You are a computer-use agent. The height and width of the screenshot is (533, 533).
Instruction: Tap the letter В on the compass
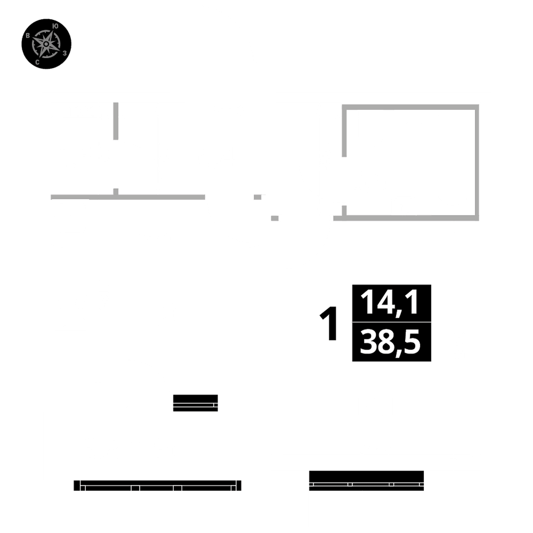tap(28, 35)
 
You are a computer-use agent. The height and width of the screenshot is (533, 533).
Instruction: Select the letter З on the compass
tap(64, 53)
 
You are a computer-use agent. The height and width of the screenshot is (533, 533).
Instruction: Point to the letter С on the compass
tap(37, 62)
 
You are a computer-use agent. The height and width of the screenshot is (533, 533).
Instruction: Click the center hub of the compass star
tap(46, 44)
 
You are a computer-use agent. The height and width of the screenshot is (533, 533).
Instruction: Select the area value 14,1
tap(389, 303)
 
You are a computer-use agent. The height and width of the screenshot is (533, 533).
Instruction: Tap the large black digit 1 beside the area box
tap(328, 323)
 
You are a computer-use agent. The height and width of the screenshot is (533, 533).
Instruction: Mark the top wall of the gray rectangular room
tap(410, 107)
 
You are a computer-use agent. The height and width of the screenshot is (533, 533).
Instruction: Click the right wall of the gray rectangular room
tap(477, 163)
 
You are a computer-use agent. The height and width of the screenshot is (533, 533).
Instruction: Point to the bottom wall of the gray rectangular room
tap(406, 218)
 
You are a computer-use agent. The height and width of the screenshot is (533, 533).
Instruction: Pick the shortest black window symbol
tap(196, 403)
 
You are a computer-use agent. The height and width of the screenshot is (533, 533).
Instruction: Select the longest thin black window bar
tap(157, 486)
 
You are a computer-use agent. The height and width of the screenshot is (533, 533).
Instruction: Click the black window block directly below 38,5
tap(367, 481)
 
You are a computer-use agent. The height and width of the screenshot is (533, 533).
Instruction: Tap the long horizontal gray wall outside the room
tap(128, 197)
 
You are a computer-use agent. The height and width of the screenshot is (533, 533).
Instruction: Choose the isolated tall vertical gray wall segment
tap(116, 121)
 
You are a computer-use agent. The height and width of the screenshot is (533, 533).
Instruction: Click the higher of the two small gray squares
tap(257, 197)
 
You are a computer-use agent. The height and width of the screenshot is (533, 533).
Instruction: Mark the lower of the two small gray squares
tap(274, 218)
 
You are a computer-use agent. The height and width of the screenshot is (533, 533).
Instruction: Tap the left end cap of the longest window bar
tap(77, 486)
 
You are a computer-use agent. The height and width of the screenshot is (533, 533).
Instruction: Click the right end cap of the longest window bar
tap(239, 486)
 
